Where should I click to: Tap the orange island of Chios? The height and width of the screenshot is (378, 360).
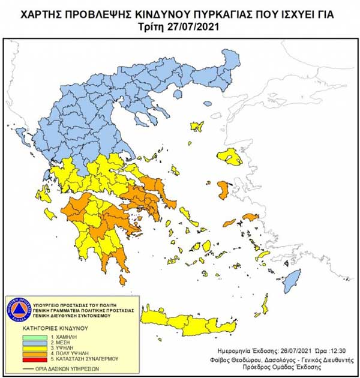click(x=224, y=191)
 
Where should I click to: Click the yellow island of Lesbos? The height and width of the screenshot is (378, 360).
click(x=230, y=158)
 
